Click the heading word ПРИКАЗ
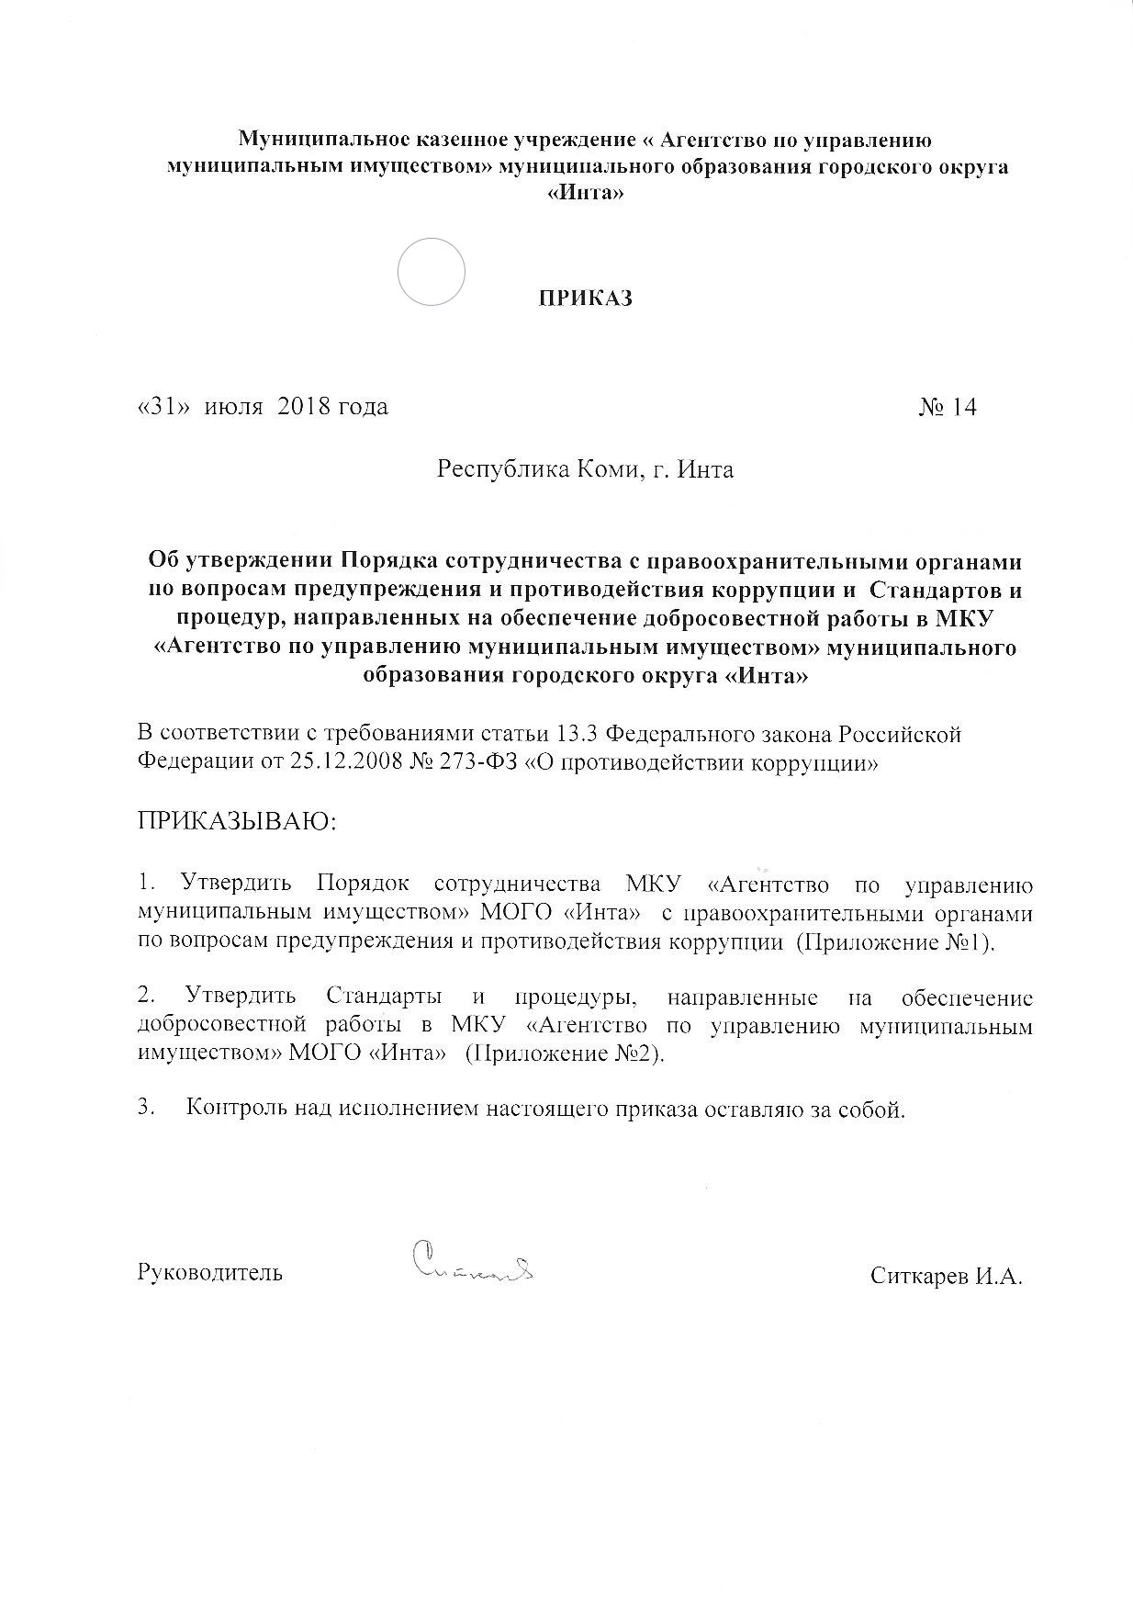pyautogui.click(x=585, y=299)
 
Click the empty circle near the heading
pyautogui.click(x=432, y=271)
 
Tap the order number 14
pyautogui.click(x=964, y=407)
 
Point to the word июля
pyautogui.click(x=234, y=407)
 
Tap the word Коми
pyautogui.click(x=607, y=470)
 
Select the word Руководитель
pyautogui.click(x=209, y=1274)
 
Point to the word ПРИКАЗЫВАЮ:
pyautogui.click(x=238, y=820)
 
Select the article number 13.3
pyautogui.click(x=579, y=735)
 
